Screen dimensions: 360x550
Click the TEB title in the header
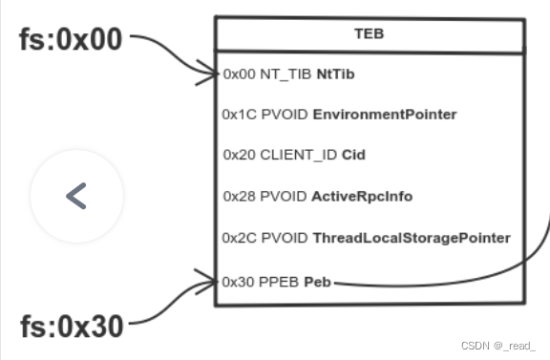[370, 33]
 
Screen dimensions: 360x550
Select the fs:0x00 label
[71, 40]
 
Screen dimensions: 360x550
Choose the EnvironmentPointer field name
[385, 115]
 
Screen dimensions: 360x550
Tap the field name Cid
[354, 155]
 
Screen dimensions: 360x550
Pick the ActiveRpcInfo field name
[362, 196]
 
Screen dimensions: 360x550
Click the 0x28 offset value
[238, 196]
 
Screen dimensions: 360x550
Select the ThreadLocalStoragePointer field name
[412, 238]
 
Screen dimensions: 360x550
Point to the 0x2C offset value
[237, 238]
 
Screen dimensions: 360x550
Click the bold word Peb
[318, 282]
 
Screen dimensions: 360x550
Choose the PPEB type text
[278, 282]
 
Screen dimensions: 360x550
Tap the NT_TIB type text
[284, 74]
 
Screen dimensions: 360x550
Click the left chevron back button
[76, 196]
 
